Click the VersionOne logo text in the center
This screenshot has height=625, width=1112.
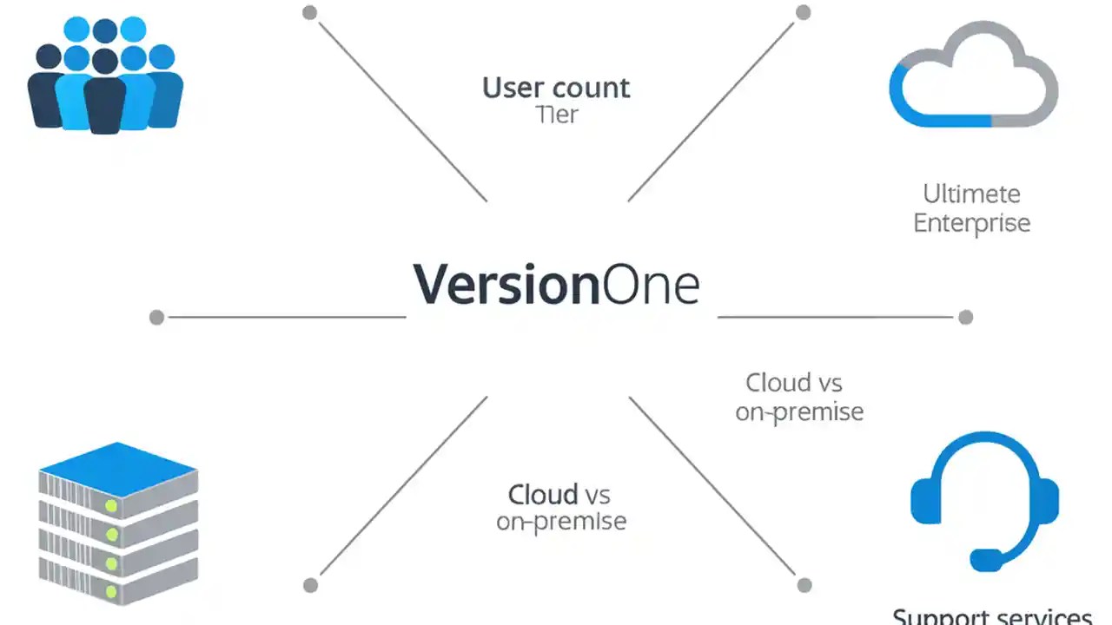pyautogui.click(x=556, y=285)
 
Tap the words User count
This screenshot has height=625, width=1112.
pyautogui.click(x=556, y=88)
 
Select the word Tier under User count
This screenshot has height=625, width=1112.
pyautogui.click(x=557, y=115)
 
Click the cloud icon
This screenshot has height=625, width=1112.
pyautogui.click(x=973, y=76)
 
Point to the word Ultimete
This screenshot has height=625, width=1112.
pyautogui.click(x=971, y=193)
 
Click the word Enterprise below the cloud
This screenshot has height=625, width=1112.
pyautogui.click(x=971, y=222)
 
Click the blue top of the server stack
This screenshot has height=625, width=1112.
pyautogui.click(x=118, y=469)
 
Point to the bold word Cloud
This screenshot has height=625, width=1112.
pyautogui.click(x=543, y=495)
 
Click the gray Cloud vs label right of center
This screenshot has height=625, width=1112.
pyautogui.click(x=794, y=383)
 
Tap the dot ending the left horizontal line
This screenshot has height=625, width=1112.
pyautogui.click(x=156, y=317)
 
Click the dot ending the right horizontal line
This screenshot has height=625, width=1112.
pyautogui.click(x=965, y=317)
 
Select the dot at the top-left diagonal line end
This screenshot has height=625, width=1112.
pyautogui.click(x=309, y=12)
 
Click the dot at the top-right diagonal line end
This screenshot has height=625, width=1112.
pyautogui.click(x=804, y=12)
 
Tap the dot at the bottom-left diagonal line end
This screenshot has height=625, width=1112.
pyautogui.click(x=310, y=585)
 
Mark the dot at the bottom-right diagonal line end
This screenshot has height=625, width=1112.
pyautogui.click(x=804, y=585)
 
